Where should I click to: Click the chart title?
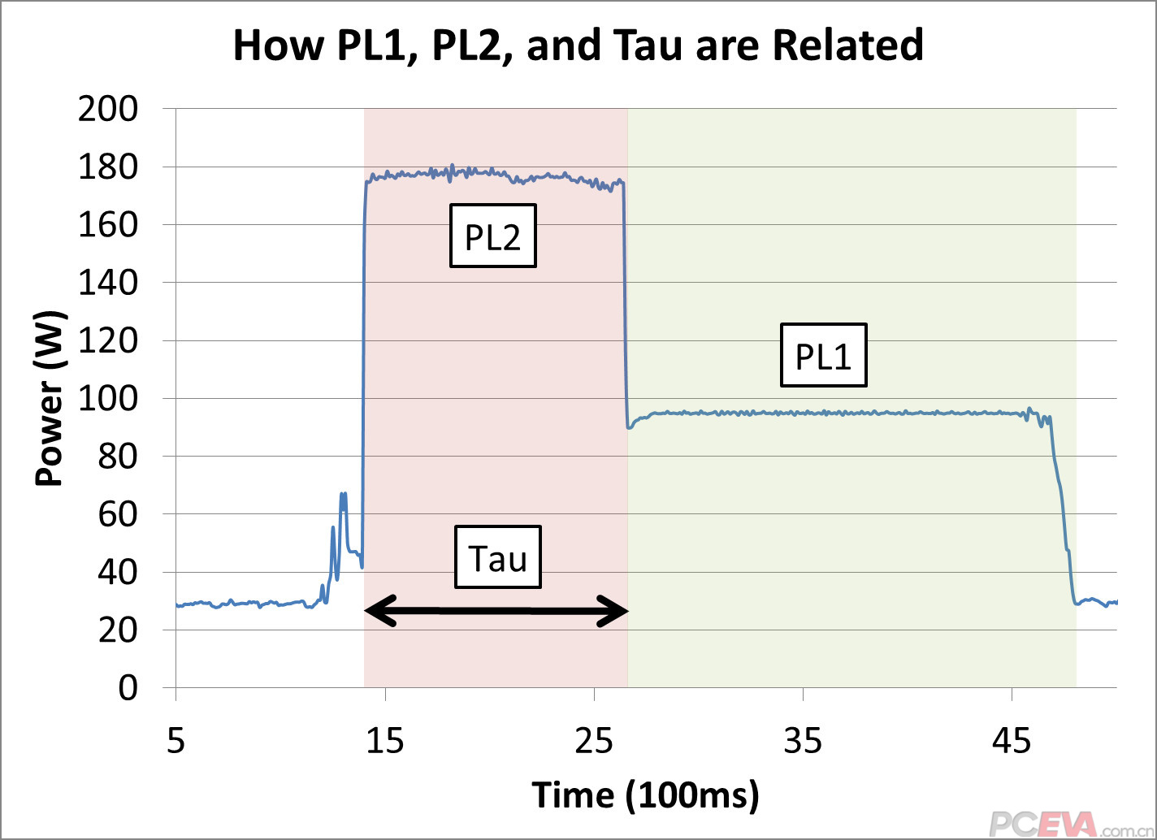point(578,45)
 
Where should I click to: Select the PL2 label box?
point(492,236)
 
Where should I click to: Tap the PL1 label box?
point(823,355)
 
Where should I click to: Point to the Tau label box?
point(497,558)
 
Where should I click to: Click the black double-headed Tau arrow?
point(496,611)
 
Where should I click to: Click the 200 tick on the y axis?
point(108,109)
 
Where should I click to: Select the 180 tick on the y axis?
point(108,167)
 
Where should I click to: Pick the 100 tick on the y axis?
point(108,399)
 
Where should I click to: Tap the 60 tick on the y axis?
point(118,514)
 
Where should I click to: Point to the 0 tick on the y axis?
point(128,688)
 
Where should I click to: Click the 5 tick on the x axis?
point(176,741)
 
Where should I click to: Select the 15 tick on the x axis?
point(385,741)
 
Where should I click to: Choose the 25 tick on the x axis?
point(594,741)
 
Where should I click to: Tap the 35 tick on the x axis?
point(803,741)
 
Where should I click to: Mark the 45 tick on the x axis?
point(1012,741)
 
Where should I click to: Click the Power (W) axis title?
point(50,398)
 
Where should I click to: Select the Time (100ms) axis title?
point(645,795)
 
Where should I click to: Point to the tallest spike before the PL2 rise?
point(343,494)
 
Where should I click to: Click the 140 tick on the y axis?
point(108,283)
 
